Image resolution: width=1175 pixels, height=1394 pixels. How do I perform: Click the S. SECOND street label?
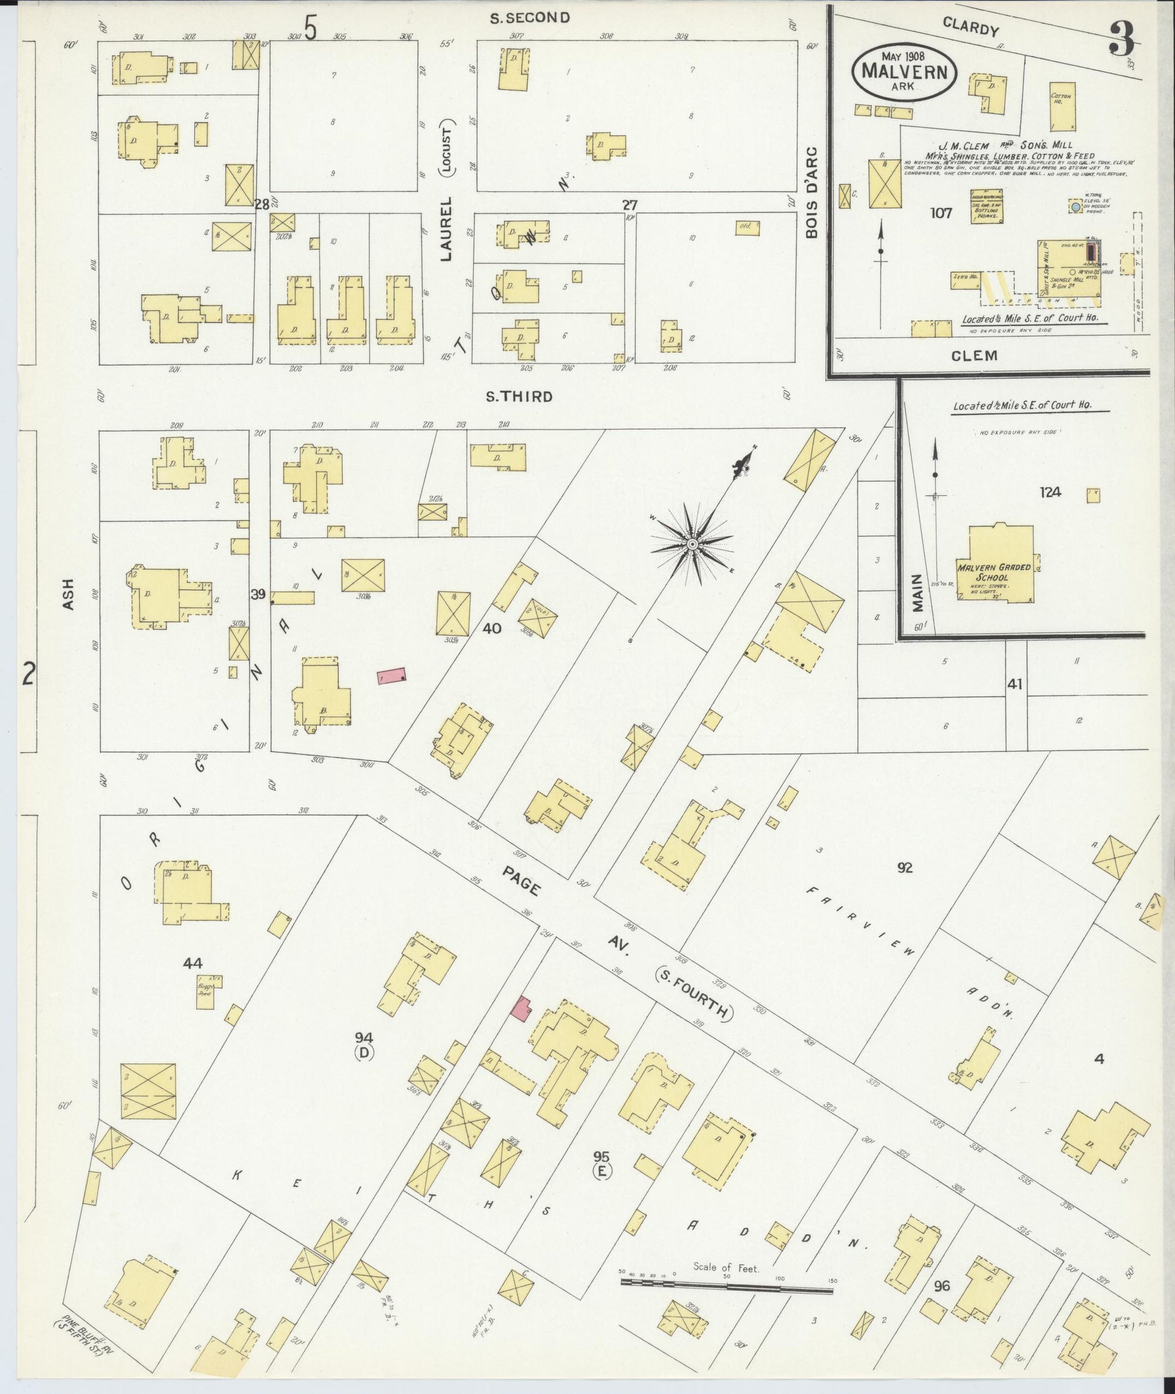tap(530, 18)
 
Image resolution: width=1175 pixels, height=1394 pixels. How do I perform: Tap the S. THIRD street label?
tap(519, 397)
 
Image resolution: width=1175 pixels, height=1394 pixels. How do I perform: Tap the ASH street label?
tap(69, 594)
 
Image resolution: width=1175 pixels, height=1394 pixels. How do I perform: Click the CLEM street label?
tap(975, 356)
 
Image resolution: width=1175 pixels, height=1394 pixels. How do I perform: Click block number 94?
tap(363, 1037)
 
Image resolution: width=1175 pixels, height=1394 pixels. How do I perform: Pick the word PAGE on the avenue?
tap(522, 881)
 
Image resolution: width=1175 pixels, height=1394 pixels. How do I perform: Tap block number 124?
tap(1051, 492)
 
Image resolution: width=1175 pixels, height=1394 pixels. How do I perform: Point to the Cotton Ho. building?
tap(1063, 107)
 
